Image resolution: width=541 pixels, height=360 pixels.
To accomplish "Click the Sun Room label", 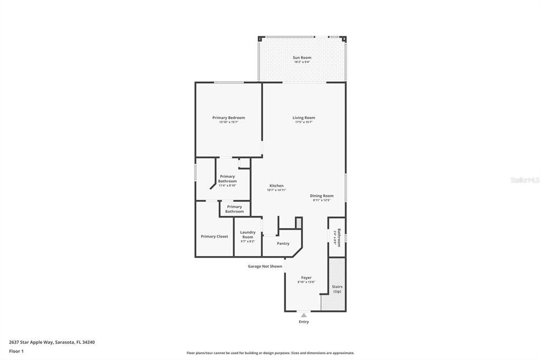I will coord(302,58).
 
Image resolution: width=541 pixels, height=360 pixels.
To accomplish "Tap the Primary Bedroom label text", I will coord(228,118).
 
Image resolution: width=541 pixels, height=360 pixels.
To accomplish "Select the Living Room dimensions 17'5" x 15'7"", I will coord(304,122).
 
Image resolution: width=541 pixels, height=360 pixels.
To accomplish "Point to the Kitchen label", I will coord(276,186).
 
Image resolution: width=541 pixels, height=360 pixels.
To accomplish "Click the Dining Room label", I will coord(321,196).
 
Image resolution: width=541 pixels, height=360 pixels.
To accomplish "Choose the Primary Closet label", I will coord(214,236).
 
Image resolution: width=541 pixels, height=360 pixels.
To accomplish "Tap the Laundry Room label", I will coord(247,234).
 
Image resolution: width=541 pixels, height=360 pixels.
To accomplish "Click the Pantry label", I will coord(283,243).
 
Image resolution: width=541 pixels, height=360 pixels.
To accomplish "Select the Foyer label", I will coord(306,278).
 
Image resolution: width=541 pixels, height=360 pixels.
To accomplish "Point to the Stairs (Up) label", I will coord(337,289).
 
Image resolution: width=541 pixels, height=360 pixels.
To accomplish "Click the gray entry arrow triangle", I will coord(304,315).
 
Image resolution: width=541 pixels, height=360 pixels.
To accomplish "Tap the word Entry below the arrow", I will coord(304,322).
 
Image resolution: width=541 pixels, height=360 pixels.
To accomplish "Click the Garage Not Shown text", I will coord(265,267).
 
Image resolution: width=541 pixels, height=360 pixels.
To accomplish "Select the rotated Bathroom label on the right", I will coord(339,237).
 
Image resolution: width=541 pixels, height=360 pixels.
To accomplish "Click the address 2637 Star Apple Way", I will coord(52,342).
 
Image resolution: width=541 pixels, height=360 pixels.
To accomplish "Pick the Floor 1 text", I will coord(16,351).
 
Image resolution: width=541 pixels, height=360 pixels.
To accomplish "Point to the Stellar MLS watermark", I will coord(525,180).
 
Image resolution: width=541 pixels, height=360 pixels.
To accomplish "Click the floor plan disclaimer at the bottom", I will coord(270,353).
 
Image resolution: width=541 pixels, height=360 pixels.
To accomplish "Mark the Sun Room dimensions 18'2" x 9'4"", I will coord(302,62).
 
